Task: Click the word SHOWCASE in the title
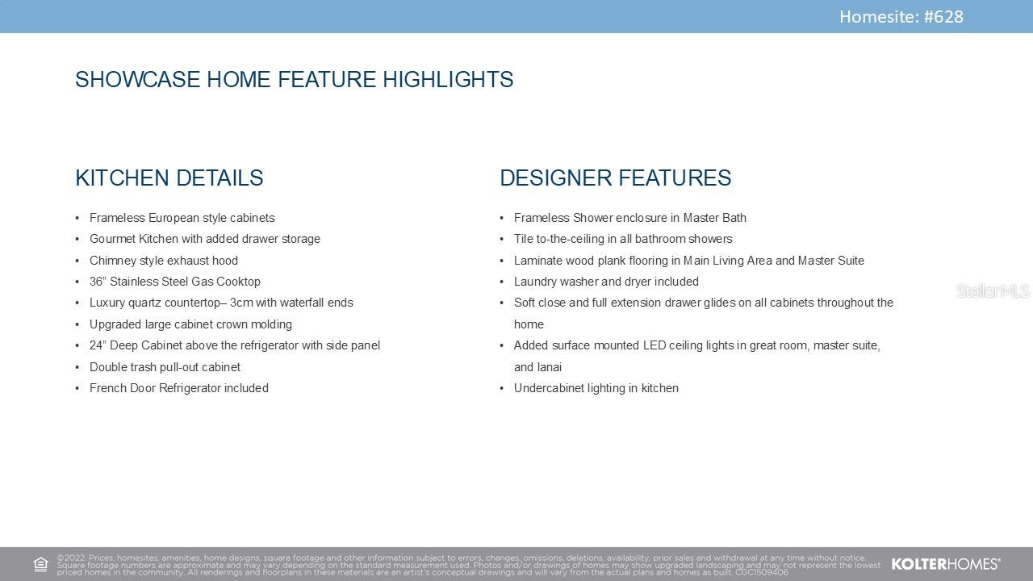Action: click(138, 79)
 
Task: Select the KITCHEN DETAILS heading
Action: click(169, 178)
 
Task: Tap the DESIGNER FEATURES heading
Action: click(616, 178)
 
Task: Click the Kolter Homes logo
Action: click(946, 564)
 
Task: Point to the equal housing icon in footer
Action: click(40, 564)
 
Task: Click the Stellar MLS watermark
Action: click(993, 291)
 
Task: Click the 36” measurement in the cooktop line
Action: click(98, 282)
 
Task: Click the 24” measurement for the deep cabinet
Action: click(98, 345)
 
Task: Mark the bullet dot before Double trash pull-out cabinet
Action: click(77, 367)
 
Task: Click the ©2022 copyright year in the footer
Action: click(71, 558)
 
